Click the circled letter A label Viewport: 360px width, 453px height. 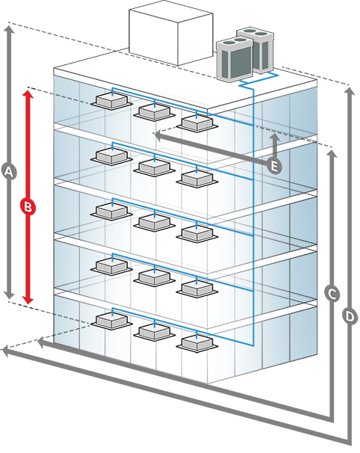pos(9,172)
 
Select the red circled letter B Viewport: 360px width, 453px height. pos(28,207)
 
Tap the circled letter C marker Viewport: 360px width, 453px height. pos(332,295)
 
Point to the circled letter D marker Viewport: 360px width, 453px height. pos(350,316)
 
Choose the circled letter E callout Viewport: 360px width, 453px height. pos(273,166)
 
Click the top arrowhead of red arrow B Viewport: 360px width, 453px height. pos(28,94)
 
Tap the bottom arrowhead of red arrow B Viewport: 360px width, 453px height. pos(28,300)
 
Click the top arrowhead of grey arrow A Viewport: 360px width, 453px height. pos(9,30)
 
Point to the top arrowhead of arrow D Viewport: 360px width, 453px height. pos(350,92)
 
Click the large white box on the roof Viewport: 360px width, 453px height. pos(171,36)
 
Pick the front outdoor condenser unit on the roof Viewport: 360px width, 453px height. pos(235,59)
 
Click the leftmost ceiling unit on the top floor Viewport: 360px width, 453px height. pos(112,102)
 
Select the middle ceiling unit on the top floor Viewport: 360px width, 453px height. pos(154,112)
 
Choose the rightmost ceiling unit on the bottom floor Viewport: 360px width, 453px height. pos(197,343)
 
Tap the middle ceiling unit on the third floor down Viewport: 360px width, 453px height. pos(154,222)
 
